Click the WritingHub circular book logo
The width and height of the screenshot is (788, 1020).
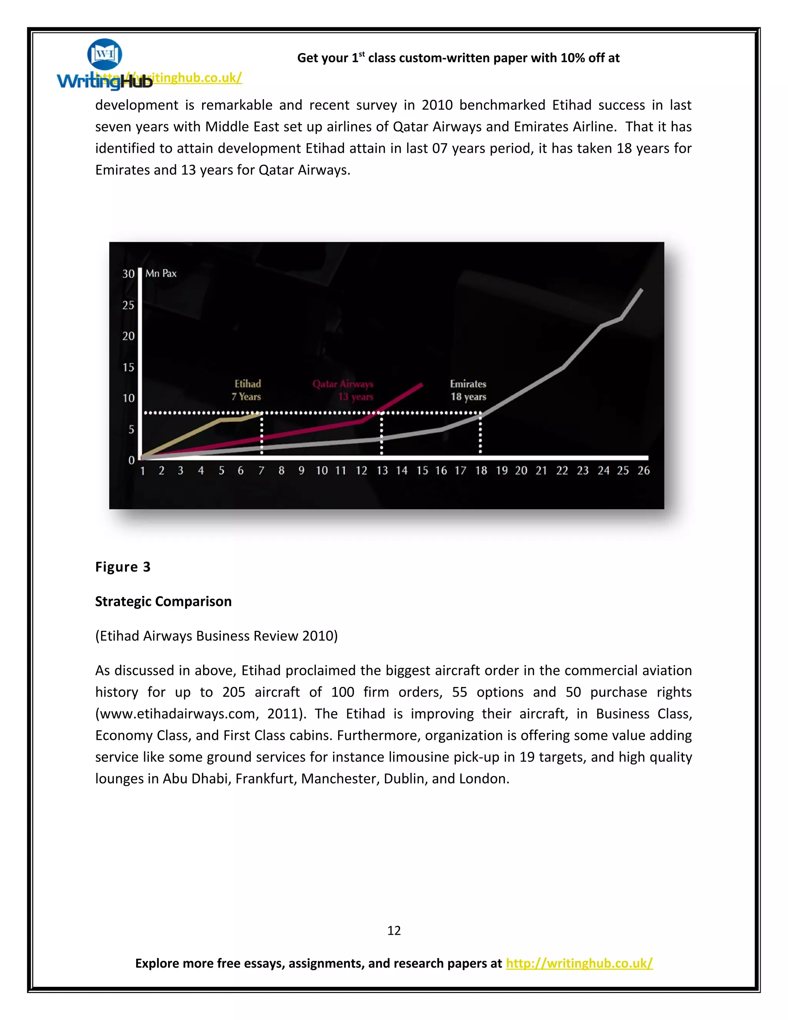(105, 54)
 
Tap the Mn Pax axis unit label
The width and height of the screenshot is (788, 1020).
(161, 273)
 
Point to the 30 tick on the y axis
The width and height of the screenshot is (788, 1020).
(129, 274)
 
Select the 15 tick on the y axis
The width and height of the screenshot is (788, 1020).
(129, 368)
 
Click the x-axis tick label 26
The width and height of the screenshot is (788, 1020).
(643, 470)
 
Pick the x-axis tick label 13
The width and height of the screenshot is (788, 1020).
(382, 470)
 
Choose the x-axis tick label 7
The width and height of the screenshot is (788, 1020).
(261, 470)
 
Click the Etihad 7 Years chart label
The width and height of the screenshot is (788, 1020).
(247, 390)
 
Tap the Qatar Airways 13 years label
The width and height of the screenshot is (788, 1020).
(344, 390)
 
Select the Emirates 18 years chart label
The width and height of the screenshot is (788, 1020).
(468, 390)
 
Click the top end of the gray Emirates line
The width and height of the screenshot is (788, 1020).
(641, 290)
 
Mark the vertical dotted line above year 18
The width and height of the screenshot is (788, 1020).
(480, 433)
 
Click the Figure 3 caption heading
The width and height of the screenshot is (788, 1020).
(123, 567)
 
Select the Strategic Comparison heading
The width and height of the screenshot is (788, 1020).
(164, 601)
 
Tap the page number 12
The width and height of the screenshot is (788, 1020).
(394, 930)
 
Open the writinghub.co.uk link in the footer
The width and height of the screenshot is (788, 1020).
(579, 963)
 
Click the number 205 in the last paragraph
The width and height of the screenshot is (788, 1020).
(234, 692)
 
